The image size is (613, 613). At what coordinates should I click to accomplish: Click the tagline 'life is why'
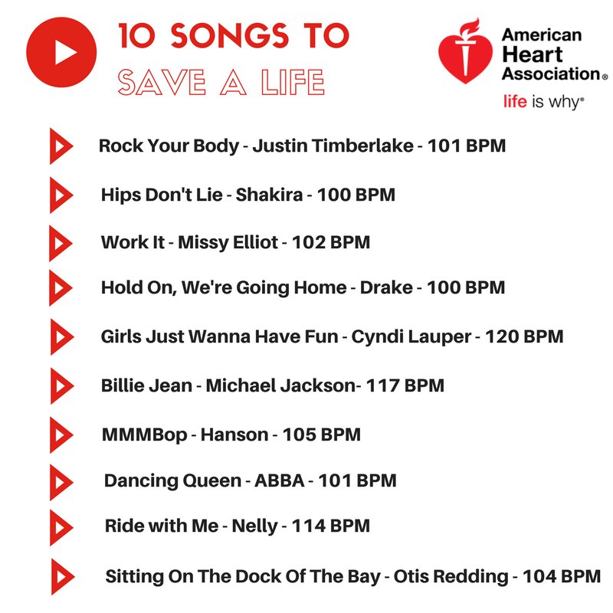tap(543, 101)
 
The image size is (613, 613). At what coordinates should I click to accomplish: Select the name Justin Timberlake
tap(333, 146)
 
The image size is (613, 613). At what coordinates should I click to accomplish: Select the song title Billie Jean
tap(146, 385)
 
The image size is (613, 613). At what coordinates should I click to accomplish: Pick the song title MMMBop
tap(144, 435)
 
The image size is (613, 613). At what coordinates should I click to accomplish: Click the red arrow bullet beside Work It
tap(59, 243)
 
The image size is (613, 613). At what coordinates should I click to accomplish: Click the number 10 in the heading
tap(135, 35)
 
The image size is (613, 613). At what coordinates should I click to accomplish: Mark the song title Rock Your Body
tap(169, 146)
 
